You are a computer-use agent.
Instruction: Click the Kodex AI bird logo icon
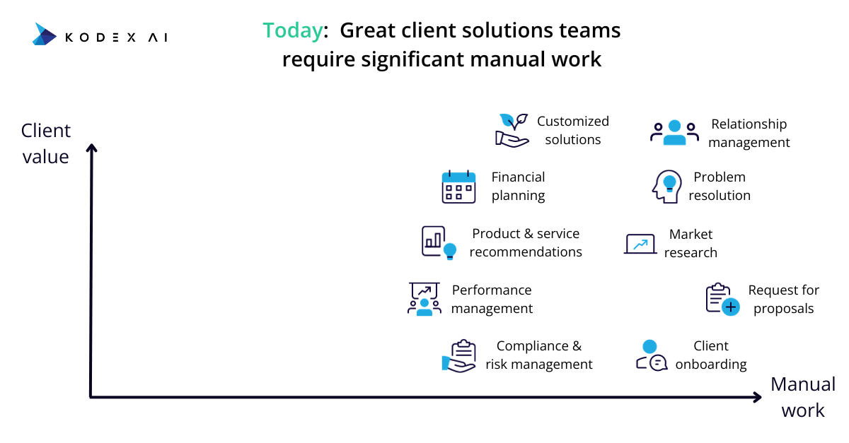(45, 34)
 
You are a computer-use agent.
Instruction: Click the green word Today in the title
(293, 30)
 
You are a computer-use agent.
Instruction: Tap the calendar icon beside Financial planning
(458, 187)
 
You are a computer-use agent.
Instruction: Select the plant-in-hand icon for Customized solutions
(512, 130)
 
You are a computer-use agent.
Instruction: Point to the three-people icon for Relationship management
(675, 132)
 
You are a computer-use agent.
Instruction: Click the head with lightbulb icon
(667, 187)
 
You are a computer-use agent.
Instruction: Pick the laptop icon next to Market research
(640, 244)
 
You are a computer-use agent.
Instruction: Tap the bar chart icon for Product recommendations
(439, 243)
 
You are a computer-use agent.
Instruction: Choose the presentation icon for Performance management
(424, 299)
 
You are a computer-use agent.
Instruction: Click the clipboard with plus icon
(722, 299)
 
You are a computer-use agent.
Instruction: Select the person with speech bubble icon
(652, 355)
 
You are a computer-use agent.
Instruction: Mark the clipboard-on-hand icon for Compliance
(458, 356)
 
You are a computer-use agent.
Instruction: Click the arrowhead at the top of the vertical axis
(91, 147)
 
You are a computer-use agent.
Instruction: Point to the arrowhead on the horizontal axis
(758, 397)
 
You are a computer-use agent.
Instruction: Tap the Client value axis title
(46, 143)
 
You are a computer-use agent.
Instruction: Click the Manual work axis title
(803, 397)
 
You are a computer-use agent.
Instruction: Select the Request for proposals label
(783, 299)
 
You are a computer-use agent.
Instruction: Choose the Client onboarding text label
(711, 355)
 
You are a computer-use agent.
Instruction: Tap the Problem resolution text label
(720, 186)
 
